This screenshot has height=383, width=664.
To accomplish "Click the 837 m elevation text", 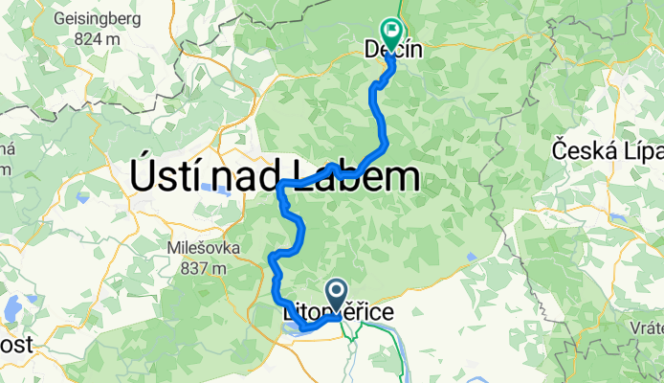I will [x=202, y=268].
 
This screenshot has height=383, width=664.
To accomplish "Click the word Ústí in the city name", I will [x=170, y=178].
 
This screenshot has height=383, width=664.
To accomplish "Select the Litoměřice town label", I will [x=337, y=312].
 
